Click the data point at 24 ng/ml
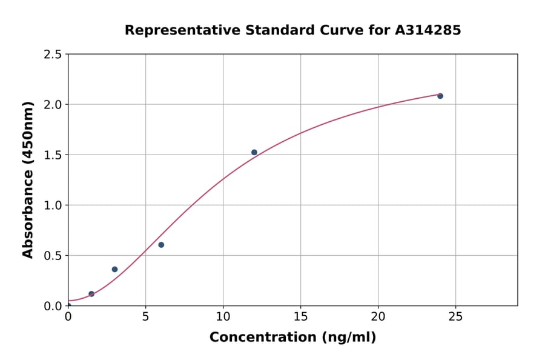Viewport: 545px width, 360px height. pos(440,96)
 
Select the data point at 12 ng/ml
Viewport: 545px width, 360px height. pos(254,152)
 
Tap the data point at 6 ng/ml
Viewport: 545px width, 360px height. pos(161,245)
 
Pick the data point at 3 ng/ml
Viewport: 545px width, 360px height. pos(114,269)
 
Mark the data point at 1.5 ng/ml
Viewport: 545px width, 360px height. pos(91,294)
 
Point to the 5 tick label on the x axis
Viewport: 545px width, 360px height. pos(145,317)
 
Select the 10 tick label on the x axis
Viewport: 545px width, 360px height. pos(223,317)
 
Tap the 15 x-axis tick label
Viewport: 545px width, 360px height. pos(300,317)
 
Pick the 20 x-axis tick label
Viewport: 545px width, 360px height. pos(378,317)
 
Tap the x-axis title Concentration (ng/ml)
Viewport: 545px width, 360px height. pos(292,338)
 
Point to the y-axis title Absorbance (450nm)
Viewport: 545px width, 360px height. pos(28,180)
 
